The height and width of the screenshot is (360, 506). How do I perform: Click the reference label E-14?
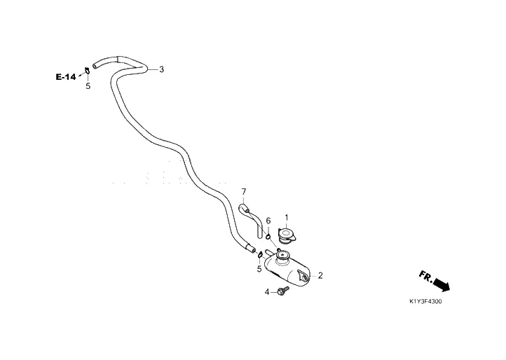click(x=66, y=77)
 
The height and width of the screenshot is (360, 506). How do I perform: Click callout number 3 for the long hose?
click(x=161, y=69)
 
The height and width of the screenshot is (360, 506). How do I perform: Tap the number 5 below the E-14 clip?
click(x=88, y=86)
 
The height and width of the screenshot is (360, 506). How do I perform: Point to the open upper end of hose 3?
click(x=95, y=64)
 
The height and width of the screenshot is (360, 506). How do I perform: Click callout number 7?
click(x=244, y=191)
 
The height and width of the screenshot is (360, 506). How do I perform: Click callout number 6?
click(x=268, y=221)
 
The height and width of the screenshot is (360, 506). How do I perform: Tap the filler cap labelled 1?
click(x=287, y=234)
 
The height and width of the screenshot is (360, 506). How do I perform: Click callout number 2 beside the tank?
click(x=320, y=275)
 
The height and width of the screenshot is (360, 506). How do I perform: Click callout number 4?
click(x=266, y=291)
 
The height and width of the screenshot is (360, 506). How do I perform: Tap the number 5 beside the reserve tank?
click(x=259, y=268)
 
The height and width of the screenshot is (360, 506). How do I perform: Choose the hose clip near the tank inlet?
click(x=261, y=254)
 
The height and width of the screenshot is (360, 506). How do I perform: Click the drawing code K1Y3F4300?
click(x=426, y=302)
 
